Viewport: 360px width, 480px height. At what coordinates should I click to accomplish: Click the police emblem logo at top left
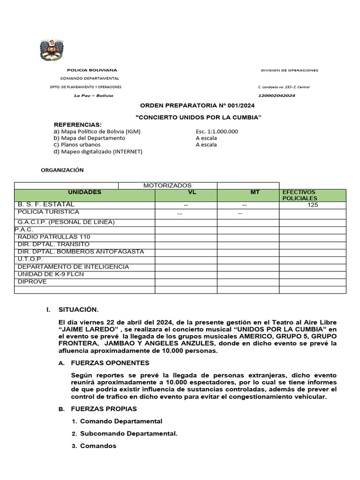(52, 50)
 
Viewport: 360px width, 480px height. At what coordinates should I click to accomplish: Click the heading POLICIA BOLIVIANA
(92, 70)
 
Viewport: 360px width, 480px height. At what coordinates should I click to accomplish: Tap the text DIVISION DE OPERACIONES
(289, 70)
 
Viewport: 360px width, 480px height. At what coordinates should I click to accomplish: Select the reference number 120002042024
(277, 96)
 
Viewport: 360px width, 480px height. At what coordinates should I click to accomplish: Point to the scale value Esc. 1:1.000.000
(217, 131)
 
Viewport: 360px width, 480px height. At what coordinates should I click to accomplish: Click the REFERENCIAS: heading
(77, 124)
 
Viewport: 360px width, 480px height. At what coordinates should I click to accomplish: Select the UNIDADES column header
(84, 192)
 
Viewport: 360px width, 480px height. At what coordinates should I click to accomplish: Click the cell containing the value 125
(313, 205)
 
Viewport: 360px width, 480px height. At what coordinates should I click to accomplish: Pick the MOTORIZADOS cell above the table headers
(167, 186)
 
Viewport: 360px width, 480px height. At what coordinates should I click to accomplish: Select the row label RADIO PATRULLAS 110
(54, 237)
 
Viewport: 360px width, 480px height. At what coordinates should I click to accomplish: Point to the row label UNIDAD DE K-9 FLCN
(51, 274)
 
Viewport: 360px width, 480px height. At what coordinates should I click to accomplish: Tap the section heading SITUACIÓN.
(78, 310)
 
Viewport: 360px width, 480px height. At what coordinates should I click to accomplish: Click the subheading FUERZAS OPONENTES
(110, 363)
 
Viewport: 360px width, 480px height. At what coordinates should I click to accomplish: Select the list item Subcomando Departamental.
(129, 434)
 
